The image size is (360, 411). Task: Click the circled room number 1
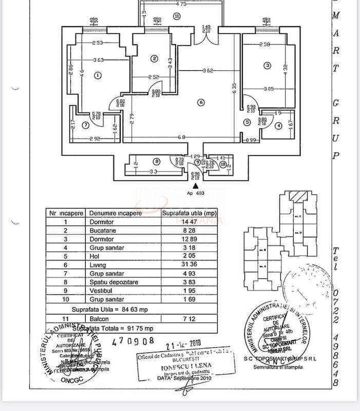tap(98, 76)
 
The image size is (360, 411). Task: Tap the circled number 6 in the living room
tap(201, 103)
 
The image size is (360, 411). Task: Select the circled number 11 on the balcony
tap(177, 16)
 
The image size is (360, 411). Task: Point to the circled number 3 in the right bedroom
tap(268, 65)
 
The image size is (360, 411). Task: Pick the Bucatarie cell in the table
tap(102, 231)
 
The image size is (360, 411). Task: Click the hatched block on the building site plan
tap(296, 196)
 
